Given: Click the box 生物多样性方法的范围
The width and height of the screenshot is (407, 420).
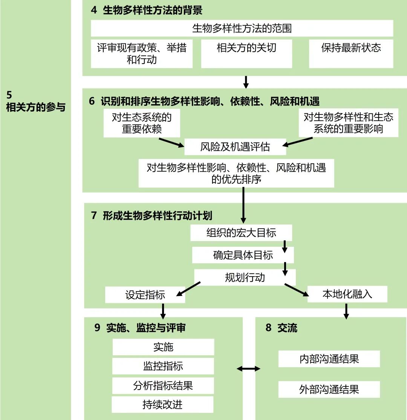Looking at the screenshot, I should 242,28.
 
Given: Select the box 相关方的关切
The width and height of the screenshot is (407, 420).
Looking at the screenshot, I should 246,53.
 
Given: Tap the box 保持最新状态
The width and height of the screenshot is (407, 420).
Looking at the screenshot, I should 351,53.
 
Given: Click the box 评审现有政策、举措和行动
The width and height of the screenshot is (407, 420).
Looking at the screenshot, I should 142,53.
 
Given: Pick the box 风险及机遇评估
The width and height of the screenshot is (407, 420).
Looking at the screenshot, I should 235,147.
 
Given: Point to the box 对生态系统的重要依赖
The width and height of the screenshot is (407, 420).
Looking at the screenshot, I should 142,123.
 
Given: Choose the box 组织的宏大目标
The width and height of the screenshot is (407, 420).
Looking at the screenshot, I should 241,233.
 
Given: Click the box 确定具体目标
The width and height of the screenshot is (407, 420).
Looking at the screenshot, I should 243,255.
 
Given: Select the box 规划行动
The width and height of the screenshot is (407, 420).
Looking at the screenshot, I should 245,278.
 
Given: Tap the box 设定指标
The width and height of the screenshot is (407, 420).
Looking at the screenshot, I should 145,295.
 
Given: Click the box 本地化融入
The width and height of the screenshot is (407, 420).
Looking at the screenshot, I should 347,294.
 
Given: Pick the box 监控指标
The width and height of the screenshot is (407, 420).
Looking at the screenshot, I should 163,366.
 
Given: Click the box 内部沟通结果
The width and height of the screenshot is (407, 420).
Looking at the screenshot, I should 329,359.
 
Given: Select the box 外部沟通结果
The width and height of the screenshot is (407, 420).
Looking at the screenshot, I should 329,389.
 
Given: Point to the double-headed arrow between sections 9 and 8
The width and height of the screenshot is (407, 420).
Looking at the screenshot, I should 249,368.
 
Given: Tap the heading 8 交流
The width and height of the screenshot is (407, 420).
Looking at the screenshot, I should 282,328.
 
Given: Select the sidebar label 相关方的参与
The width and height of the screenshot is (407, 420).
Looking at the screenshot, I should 36,107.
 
